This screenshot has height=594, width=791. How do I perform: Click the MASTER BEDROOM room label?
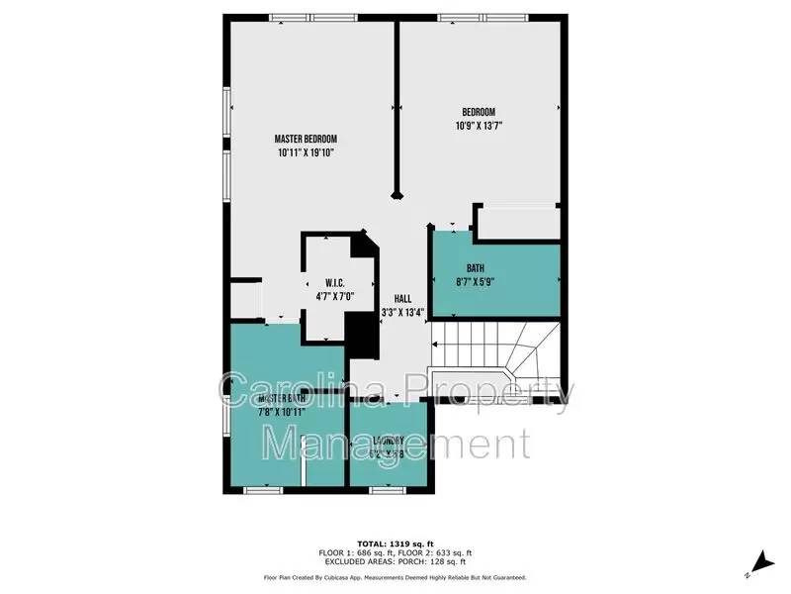pyautogui.click(x=306, y=138)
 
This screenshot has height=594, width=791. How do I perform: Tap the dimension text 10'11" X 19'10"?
pyautogui.click(x=306, y=152)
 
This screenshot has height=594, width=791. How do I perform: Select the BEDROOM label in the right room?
pyautogui.click(x=479, y=111)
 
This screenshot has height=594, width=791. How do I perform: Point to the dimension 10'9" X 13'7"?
pyautogui.click(x=479, y=126)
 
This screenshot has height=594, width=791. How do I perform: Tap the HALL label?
pyautogui.click(x=402, y=298)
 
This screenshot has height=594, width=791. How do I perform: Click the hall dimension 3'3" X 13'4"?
pyautogui.click(x=402, y=313)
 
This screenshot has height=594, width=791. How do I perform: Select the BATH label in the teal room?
pyautogui.click(x=477, y=267)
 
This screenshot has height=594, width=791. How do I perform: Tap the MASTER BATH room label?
pyautogui.click(x=282, y=398)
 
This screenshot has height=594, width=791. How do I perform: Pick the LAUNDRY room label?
pyautogui.click(x=389, y=441)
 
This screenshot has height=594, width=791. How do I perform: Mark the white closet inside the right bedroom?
pyautogui.click(x=517, y=222)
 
